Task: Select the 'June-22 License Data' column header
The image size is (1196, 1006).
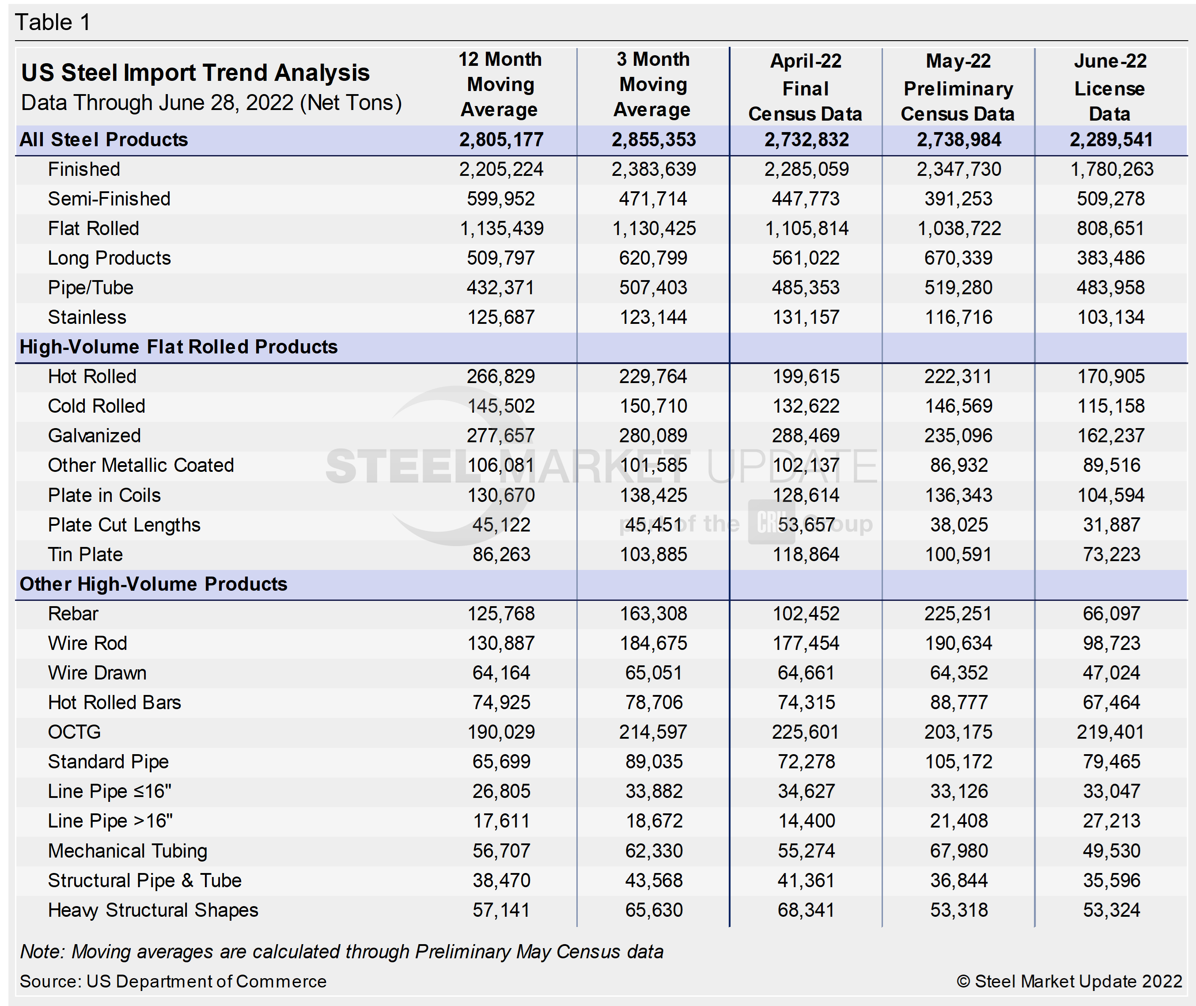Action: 1110,87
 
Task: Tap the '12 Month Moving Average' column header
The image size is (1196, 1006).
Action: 500,84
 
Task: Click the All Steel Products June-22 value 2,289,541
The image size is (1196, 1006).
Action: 1110,140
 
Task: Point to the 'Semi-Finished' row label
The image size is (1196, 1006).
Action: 109,198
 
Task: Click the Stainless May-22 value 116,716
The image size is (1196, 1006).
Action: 958,317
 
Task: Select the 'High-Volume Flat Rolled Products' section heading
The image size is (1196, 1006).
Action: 178,347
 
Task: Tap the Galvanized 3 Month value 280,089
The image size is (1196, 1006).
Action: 653,436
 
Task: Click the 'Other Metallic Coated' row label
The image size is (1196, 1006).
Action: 141,465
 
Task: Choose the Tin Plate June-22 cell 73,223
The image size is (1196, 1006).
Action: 1111,554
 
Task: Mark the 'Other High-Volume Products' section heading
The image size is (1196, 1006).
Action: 153,584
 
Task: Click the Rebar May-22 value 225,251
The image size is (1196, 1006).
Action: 958,614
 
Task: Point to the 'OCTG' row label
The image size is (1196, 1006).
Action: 74,732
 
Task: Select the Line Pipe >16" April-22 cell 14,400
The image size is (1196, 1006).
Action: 806,820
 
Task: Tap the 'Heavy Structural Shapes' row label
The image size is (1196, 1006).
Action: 153,910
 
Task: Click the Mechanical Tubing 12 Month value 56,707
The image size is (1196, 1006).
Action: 501,850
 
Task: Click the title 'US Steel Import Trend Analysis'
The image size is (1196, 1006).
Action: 196,73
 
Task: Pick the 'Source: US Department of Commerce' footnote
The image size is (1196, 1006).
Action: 173,981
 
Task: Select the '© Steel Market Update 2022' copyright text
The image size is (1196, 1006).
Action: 1069,981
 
